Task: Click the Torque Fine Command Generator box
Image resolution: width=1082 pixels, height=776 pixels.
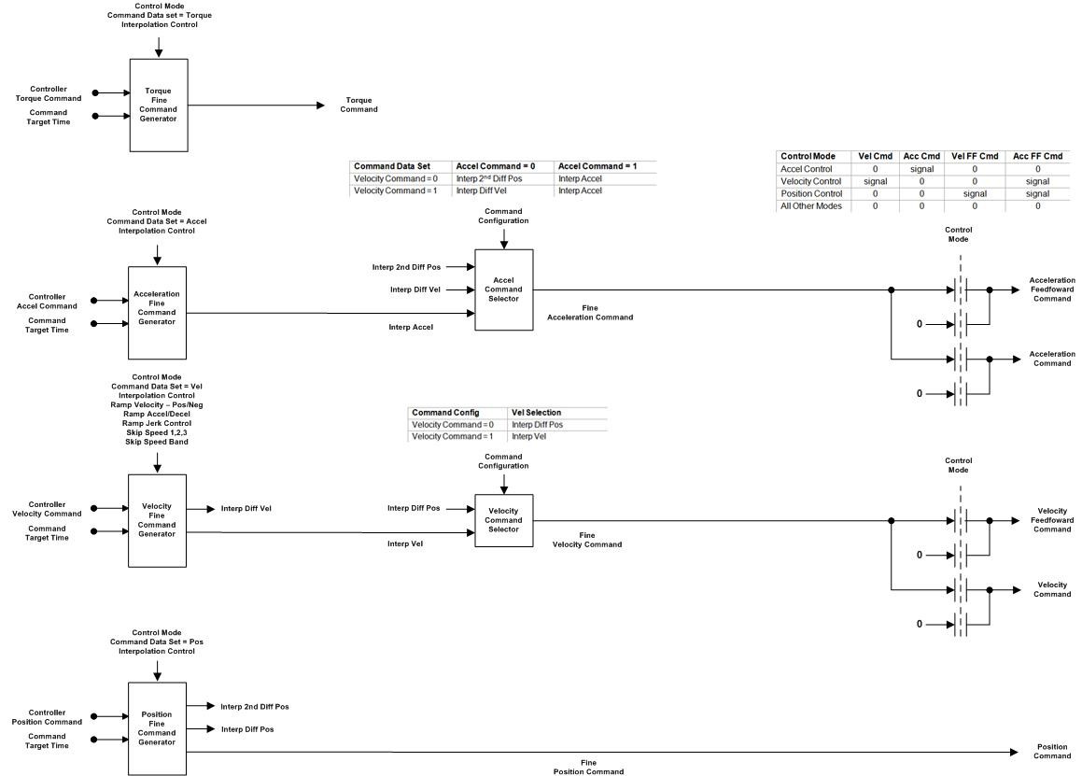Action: (159, 105)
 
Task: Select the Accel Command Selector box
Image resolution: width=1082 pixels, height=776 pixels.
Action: (504, 289)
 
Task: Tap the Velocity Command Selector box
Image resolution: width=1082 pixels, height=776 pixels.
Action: (504, 520)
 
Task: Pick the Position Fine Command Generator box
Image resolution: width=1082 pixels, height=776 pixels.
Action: (157, 728)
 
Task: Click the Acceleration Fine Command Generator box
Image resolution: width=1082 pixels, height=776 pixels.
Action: (157, 313)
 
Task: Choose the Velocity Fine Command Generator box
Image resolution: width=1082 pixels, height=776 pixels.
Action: (157, 520)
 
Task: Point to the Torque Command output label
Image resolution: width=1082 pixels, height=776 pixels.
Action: (358, 105)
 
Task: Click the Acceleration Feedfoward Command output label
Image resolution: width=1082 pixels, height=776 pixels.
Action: (1052, 289)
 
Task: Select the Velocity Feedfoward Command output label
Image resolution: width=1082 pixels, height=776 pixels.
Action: (1052, 520)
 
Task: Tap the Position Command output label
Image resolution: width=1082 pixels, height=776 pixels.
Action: (1053, 751)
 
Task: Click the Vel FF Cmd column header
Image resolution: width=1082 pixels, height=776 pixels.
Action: (975, 156)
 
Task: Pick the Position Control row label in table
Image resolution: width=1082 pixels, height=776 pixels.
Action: (810, 193)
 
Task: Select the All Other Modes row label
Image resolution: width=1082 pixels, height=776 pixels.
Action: (811, 205)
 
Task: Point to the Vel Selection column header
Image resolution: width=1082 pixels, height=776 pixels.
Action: (536, 413)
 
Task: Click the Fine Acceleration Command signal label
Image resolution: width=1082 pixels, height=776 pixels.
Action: (590, 313)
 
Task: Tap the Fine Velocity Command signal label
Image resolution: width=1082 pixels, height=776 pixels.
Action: (587, 540)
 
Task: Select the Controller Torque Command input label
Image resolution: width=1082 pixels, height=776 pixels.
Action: (49, 93)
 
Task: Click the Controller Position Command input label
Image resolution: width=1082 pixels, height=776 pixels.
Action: (47, 717)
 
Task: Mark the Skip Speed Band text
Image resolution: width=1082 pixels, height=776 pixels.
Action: (157, 442)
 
